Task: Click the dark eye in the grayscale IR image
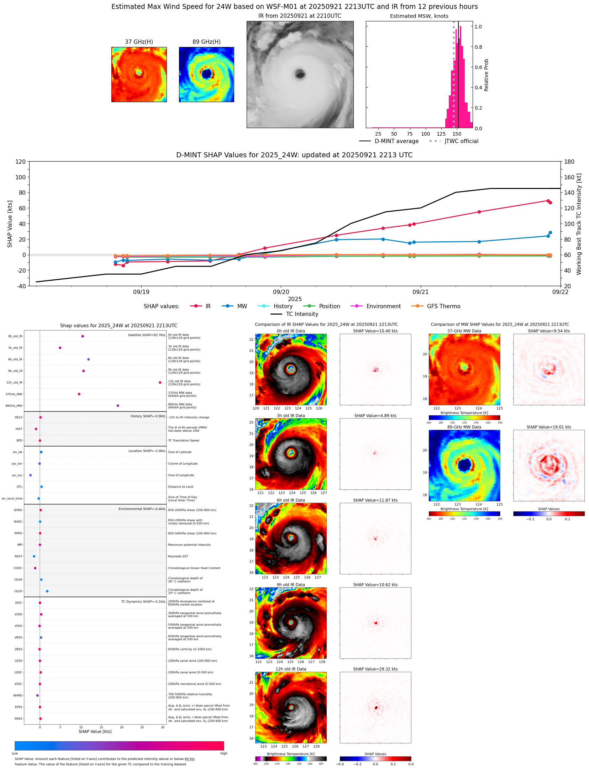tap(300, 74)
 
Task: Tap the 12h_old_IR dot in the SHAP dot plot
tap(160, 383)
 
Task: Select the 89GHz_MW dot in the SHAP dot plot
tap(118, 406)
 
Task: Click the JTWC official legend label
tap(461, 141)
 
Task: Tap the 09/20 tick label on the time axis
tap(281, 292)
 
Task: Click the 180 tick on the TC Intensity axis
tap(569, 162)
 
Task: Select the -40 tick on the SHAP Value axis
tap(21, 286)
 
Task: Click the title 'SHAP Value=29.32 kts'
tap(375, 669)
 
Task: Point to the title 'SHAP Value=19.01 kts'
tap(548, 427)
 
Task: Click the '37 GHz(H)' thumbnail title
tap(139, 42)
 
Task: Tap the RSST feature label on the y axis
tap(18, 556)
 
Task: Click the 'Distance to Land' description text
tap(180, 487)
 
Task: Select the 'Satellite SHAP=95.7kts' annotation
tap(146, 335)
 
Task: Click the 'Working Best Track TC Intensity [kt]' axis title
tap(579, 224)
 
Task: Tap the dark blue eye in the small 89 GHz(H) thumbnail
tap(206, 74)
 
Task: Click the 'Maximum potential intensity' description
tap(189, 545)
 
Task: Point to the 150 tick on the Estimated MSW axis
tap(457, 134)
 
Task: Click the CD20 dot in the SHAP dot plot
tap(47, 591)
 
